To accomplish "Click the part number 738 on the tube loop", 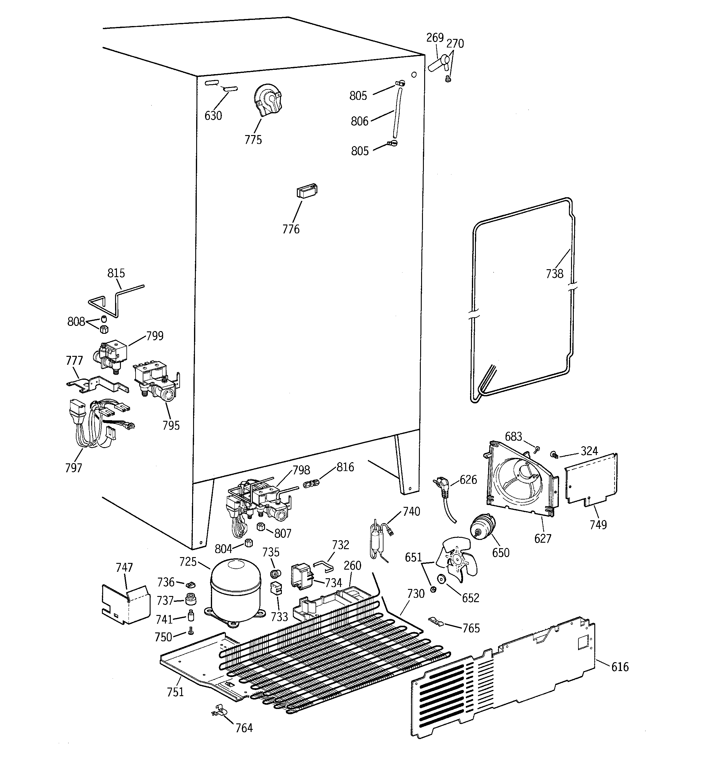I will (x=554, y=273).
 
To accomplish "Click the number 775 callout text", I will (x=253, y=140).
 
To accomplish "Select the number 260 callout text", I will (x=352, y=565).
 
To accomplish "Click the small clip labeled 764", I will (x=219, y=711).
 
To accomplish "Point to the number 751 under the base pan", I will (x=175, y=692).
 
